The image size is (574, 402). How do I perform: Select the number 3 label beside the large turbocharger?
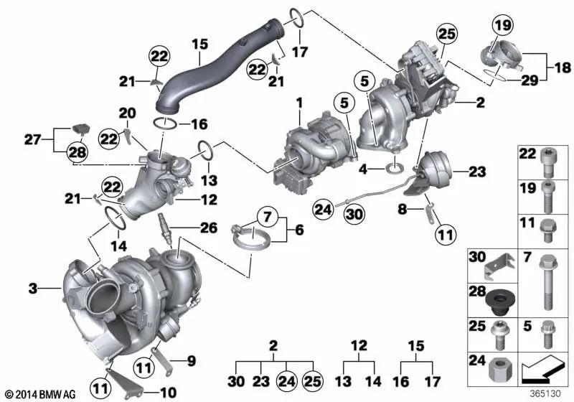pos(32,289)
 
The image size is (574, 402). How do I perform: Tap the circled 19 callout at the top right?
pos(502,27)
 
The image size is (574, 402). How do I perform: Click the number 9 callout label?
pos(190,360)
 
